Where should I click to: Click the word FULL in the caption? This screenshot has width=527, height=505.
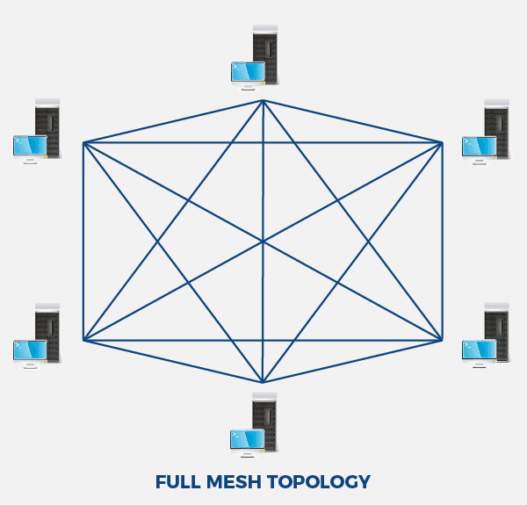coord(178,482)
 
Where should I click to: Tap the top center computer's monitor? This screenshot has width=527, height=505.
coord(248,72)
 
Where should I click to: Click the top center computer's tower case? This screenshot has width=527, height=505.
coord(265,54)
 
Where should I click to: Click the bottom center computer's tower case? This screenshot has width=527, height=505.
coord(265,422)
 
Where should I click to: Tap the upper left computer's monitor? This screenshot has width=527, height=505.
coord(30,146)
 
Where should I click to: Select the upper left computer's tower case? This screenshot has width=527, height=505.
coord(47,128)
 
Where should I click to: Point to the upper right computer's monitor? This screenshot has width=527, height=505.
coord(480,147)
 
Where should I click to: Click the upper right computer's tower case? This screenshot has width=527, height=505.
coord(497,128)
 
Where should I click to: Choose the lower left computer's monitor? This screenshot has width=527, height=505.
coord(30,350)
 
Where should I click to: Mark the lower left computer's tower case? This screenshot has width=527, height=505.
coord(47,332)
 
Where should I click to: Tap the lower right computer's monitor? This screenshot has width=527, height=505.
coord(480,350)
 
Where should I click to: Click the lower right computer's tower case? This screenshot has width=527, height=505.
coord(497,332)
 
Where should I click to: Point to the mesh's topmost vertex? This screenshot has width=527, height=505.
coord(263,100)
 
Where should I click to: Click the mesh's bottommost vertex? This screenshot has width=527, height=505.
coord(263,382)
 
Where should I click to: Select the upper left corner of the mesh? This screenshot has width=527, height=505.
coord(83,142)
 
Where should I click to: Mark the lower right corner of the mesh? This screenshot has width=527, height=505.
coord(443,339)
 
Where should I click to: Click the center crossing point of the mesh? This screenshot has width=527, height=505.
coord(263,241)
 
